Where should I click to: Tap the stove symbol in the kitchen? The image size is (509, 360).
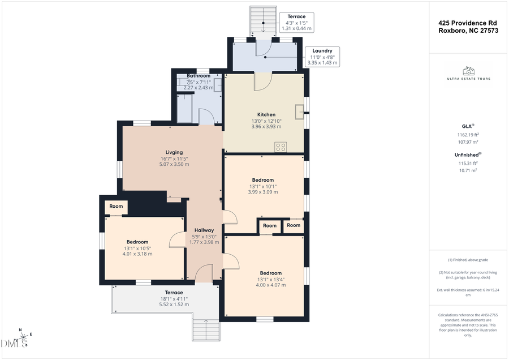pyautogui.click(x=281, y=147)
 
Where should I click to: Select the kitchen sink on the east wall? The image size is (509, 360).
pyautogui.click(x=299, y=110)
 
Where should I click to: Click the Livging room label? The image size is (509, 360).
pyautogui.click(x=174, y=152)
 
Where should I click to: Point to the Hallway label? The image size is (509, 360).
pyautogui.click(x=204, y=230)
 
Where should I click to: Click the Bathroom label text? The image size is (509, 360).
pyautogui.click(x=199, y=76)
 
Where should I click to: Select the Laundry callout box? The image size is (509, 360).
pyautogui.click(x=322, y=57)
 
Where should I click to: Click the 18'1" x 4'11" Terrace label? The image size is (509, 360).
pyautogui.click(x=174, y=298)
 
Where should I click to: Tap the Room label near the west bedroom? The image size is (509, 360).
pyautogui.click(x=116, y=207)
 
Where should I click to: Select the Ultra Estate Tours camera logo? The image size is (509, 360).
pyautogui.click(x=468, y=71)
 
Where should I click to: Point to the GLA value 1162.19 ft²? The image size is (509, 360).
pyautogui.click(x=468, y=135)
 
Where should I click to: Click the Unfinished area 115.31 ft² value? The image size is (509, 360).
pyautogui.click(x=468, y=163)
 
